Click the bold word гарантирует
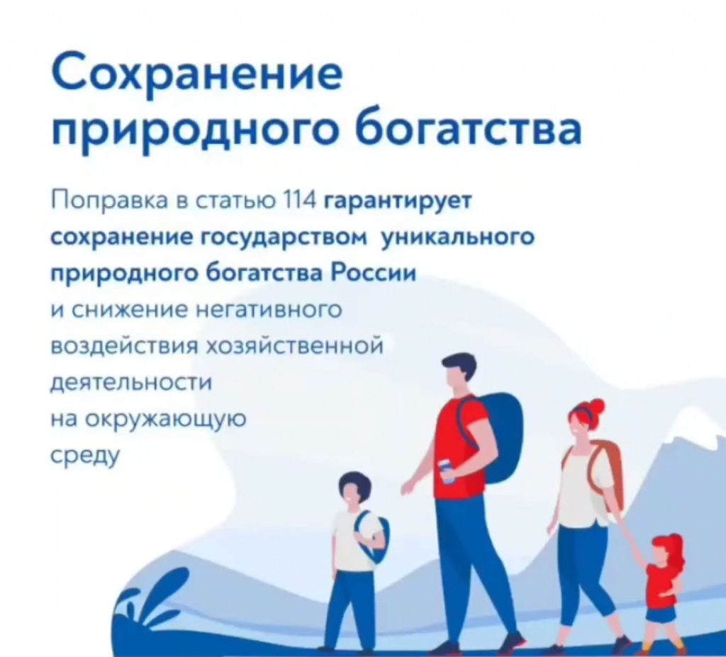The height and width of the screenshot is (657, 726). (x=397, y=202)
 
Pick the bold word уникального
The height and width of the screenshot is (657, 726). (x=457, y=238)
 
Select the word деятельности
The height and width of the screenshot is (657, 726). (x=131, y=383)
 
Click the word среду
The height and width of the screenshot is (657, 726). (x=85, y=456)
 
